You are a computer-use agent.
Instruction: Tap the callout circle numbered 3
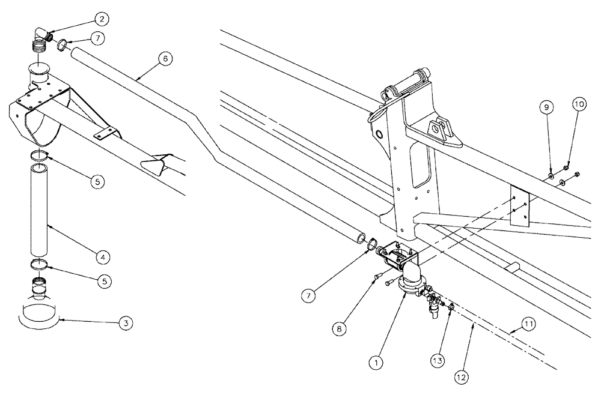[x=125, y=324]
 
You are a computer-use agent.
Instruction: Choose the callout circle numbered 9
[x=546, y=107]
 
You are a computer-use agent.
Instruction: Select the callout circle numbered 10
[x=579, y=103]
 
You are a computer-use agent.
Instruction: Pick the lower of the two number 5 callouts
[x=104, y=279]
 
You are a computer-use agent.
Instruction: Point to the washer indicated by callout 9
[x=551, y=175]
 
